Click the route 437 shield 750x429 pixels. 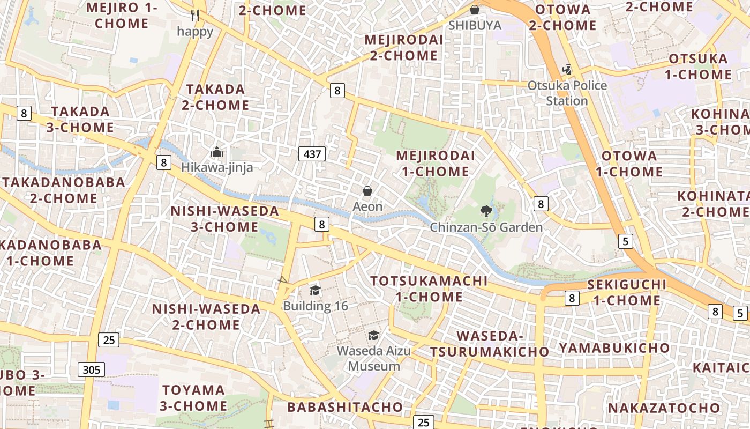coord(312,154)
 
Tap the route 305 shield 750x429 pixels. coord(91,369)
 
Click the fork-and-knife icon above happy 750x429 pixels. coord(195,16)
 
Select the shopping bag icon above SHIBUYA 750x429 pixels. coord(474,9)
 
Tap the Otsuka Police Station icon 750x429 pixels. coord(567,70)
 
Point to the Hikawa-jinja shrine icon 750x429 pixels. coord(216,152)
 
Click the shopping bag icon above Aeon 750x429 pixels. coord(367,191)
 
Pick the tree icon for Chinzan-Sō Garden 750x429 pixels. coord(486,211)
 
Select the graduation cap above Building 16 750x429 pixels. coord(315,291)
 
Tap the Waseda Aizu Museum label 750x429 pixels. coord(374,359)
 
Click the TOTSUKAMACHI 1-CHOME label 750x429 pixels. coord(429,289)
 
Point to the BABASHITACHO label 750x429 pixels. coord(345,407)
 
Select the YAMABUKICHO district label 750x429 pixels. coord(614,348)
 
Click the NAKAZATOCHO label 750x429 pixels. coord(664,408)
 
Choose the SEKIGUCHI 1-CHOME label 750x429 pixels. coord(627,292)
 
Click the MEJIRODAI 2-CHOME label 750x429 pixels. coord(403,48)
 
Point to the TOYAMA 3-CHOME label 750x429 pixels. coord(193,397)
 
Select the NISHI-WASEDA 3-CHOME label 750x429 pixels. coord(225,219)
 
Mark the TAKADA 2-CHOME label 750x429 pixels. coord(215,97)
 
